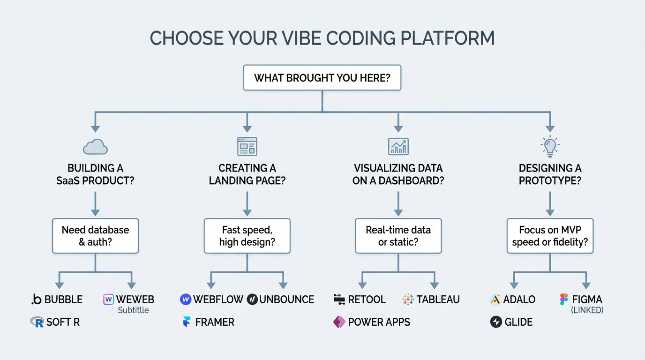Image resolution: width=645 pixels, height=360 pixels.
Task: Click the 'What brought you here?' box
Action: click(x=322, y=78)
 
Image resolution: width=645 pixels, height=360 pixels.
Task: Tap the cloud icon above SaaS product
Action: click(x=95, y=147)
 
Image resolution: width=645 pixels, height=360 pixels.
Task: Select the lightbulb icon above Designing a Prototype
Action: click(x=550, y=146)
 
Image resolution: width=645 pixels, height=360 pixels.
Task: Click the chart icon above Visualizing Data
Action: click(x=398, y=147)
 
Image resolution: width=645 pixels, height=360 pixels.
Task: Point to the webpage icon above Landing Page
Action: click(x=247, y=147)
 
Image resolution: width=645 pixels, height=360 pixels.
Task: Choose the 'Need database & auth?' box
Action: click(x=95, y=236)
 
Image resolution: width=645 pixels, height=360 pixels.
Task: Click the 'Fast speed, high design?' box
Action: click(x=247, y=236)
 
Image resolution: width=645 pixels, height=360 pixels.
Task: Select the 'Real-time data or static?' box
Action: click(x=398, y=236)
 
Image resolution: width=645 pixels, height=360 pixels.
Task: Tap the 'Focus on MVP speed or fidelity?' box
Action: click(x=550, y=236)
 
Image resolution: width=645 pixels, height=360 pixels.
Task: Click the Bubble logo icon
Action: click(x=36, y=300)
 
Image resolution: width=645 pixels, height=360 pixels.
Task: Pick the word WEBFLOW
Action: click(x=218, y=300)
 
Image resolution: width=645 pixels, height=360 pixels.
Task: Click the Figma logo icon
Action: click(x=564, y=300)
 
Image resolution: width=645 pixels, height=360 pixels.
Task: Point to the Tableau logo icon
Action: click(x=408, y=300)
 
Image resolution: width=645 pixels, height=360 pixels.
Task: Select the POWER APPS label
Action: click(x=379, y=322)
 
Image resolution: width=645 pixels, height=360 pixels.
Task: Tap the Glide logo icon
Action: click(x=496, y=322)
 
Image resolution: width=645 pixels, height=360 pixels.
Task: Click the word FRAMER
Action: click(x=215, y=322)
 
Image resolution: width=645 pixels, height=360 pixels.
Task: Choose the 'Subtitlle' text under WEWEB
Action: click(x=133, y=310)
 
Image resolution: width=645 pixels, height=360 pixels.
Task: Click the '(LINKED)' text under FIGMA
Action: click(x=587, y=310)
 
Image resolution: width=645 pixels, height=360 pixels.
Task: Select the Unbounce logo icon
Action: click(x=252, y=300)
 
